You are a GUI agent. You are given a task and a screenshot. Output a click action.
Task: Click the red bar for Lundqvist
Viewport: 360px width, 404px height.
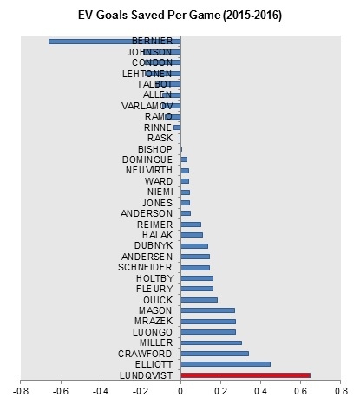245,375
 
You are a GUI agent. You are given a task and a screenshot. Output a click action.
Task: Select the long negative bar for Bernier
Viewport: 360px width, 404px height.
115,42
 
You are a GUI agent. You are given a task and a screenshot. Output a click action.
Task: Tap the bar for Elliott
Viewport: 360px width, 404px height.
226,364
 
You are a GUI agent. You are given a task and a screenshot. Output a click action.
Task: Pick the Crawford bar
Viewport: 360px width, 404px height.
214,354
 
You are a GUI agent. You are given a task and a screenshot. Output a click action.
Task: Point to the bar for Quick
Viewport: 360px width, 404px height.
199,300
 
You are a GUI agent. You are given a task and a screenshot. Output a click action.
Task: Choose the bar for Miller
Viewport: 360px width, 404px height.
211,342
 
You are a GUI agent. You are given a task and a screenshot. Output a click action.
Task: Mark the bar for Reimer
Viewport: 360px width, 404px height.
191,225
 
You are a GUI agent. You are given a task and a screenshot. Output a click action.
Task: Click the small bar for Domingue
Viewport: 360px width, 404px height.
184,160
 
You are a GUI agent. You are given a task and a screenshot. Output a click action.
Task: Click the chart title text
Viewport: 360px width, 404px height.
180,15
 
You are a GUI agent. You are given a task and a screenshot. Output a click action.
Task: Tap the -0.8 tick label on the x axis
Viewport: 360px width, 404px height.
21,391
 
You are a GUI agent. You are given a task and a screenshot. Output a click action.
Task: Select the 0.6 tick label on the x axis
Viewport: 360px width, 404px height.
300,391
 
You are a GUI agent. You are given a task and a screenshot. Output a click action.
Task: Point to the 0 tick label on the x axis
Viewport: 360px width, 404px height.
180,391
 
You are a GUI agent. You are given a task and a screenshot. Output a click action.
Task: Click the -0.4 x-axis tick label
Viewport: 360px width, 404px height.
101,391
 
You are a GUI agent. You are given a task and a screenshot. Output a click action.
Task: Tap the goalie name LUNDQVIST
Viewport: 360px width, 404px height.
147,375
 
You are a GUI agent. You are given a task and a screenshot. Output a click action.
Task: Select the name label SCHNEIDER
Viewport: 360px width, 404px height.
145,267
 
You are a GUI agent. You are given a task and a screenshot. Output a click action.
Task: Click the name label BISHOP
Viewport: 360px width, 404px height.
155,149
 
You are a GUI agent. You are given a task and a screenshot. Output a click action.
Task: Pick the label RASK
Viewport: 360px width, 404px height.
160,138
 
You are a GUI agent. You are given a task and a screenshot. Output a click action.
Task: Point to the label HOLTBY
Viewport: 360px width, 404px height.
155,278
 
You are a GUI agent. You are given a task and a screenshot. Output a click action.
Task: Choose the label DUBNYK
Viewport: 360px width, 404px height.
154,245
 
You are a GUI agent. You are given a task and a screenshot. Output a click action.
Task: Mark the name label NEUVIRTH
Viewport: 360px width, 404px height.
149,170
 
